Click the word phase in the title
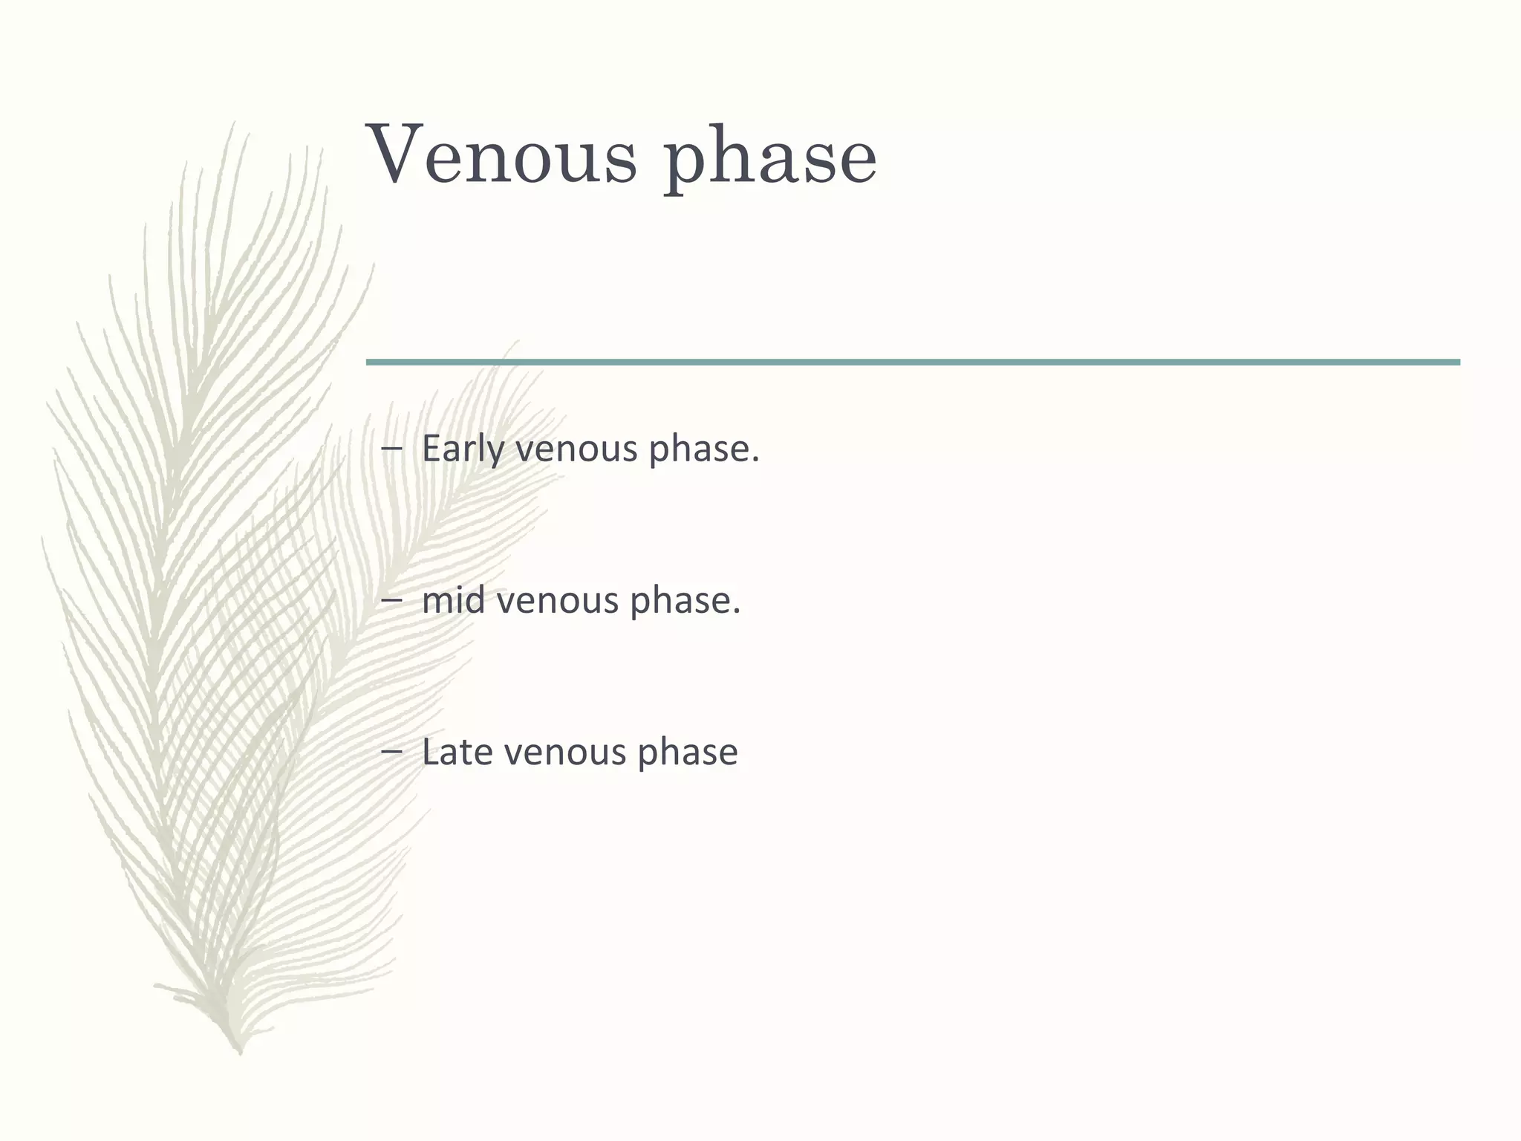point(770,160)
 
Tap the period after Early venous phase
point(755,461)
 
